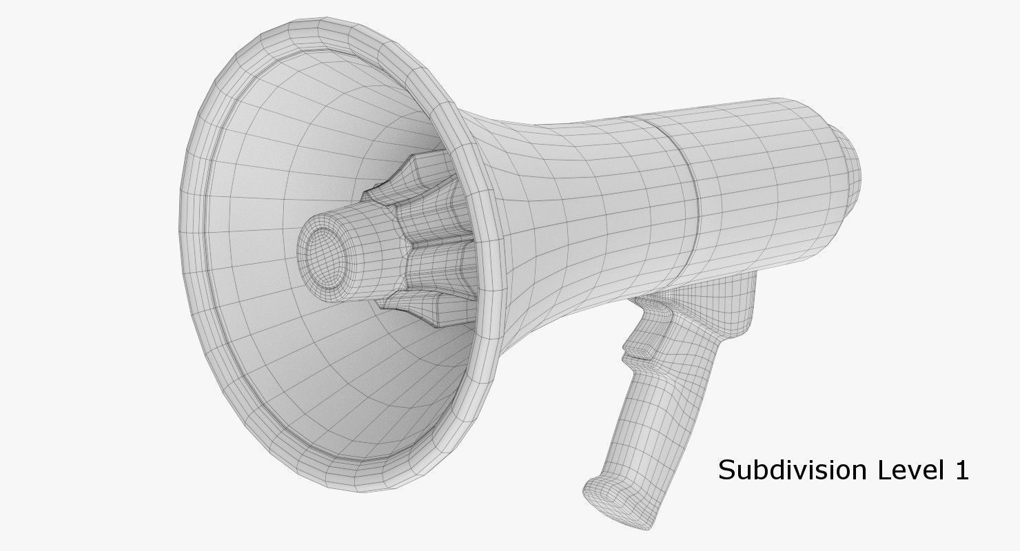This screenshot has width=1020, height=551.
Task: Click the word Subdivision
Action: click(x=792, y=470)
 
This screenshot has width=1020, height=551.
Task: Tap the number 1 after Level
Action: click(x=961, y=470)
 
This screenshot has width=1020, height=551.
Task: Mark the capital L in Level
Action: click(x=883, y=470)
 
